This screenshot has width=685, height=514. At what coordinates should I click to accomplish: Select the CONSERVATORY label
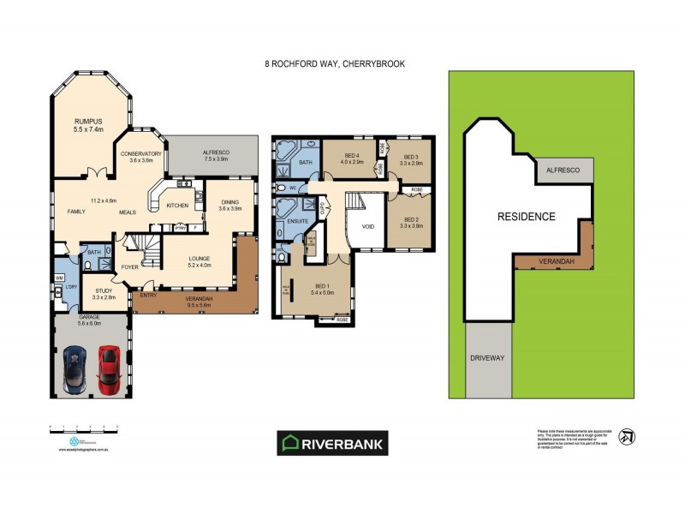tap(140, 155)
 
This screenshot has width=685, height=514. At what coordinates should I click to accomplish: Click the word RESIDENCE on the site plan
tap(527, 217)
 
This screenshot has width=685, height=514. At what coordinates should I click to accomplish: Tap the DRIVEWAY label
tap(485, 357)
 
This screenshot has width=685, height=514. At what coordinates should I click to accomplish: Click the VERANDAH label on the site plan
tap(556, 261)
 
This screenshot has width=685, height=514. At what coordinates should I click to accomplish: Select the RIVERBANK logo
tap(332, 443)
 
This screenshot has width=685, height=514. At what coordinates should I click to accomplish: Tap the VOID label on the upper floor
tap(368, 228)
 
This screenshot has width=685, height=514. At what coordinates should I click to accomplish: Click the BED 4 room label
tap(352, 157)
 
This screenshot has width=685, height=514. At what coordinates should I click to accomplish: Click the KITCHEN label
tap(177, 206)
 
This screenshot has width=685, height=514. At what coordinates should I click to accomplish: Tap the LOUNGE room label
tap(198, 260)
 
